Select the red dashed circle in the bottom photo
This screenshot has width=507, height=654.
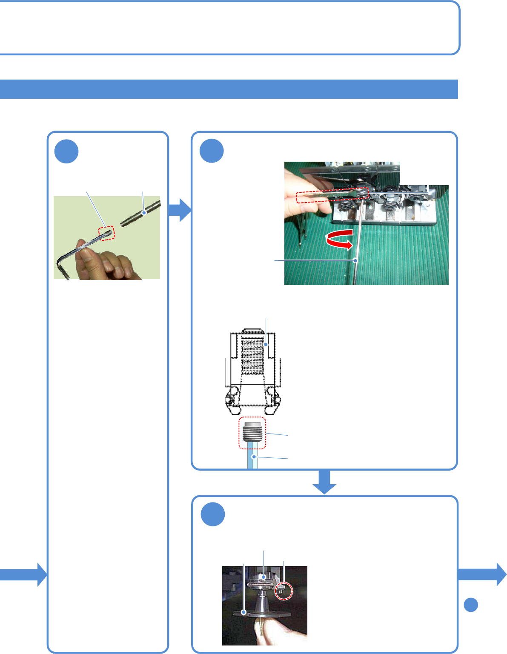(284, 591)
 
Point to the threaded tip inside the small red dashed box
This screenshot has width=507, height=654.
(107, 233)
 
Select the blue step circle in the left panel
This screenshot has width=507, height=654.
(66, 151)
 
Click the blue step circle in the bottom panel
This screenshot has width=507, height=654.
(213, 514)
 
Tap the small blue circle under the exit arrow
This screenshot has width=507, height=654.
(470, 605)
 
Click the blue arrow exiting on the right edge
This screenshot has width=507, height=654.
(483, 574)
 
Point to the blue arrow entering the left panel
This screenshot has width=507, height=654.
(23, 574)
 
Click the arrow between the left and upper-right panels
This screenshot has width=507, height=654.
(180, 210)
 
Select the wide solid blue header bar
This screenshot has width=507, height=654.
(229, 89)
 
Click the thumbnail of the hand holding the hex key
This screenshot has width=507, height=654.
(107, 237)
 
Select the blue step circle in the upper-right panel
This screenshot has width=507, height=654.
(212, 151)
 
